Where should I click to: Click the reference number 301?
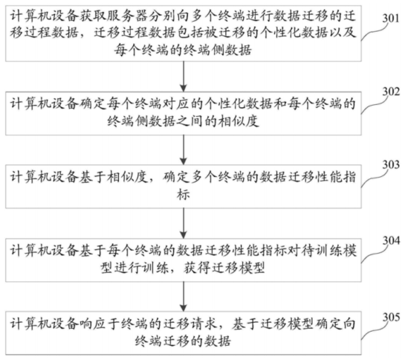coord(391,19)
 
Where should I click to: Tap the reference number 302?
coord(391,91)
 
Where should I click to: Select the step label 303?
coord(391,164)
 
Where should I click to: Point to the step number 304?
coord(391,241)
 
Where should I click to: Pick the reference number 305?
coord(391,317)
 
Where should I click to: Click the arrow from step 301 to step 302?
coord(184,77)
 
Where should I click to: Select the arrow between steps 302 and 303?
coord(184,150)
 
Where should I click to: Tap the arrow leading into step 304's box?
coord(184,223)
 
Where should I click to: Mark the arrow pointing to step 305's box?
coord(184,296)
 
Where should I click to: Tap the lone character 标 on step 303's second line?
coord(184,194)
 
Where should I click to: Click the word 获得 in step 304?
coord(198,268)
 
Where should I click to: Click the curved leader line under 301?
coord(375,32)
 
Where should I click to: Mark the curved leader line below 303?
coord(375,179)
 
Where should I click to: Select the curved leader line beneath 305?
coord(375,331)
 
